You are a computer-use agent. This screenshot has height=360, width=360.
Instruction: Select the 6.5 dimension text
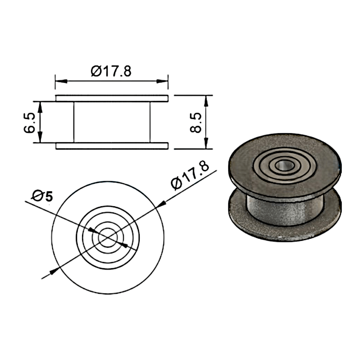click(x=30, y=123)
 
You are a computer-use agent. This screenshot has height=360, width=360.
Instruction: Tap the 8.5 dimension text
click(x=195, y=122)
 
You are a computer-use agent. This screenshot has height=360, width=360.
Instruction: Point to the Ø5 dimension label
click(x=42, y=196)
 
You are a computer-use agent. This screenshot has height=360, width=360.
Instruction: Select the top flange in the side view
click(x=112, y=98)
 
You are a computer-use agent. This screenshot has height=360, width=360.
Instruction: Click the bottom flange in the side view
click(x=112, y=146)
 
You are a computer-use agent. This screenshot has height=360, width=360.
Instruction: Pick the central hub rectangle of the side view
click(x=112, y=122)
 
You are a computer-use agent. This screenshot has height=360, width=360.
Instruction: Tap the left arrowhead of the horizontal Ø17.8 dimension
click(x=61, y=81)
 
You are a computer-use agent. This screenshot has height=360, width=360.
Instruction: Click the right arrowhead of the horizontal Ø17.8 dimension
click(x=162, y=81)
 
